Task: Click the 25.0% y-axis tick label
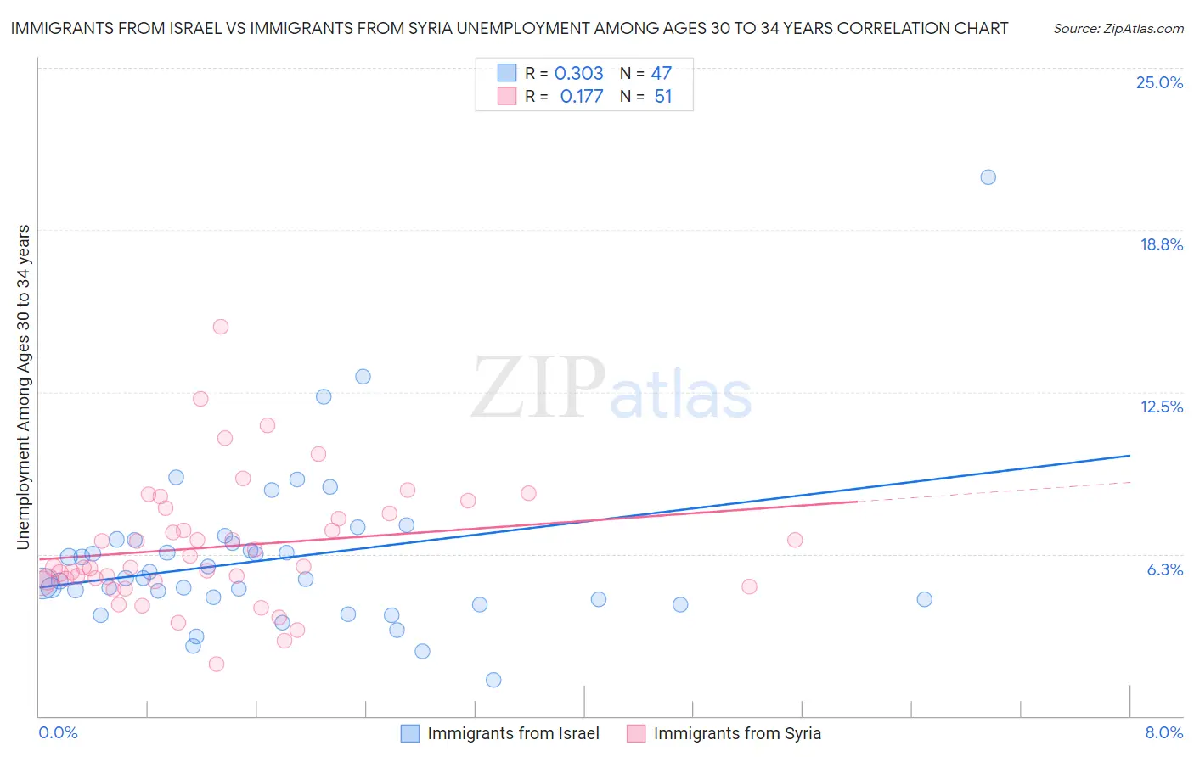click(1159, 82)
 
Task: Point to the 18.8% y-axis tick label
click(1161, 244)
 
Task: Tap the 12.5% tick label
click(1161, 407)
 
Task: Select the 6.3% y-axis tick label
click(1164, 569)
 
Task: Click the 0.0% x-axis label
click(58, 732)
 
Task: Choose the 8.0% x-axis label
click(1163, 732)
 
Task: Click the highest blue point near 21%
click(988, 177)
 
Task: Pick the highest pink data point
click(221, 327)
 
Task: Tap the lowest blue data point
click(493, 680)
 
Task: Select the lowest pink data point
click(217, 664)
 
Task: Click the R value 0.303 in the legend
click(578, 74)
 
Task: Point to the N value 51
click(663, 97)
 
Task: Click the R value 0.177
click(581, 97)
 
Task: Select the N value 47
click(662, 74)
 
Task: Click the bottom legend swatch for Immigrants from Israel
click(410, 733)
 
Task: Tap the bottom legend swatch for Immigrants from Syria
click(636, 733)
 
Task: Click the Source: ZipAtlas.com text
click(1118, 29)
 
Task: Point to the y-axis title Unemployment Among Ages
click(23, 386)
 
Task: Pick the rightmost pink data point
click(795, 540)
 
